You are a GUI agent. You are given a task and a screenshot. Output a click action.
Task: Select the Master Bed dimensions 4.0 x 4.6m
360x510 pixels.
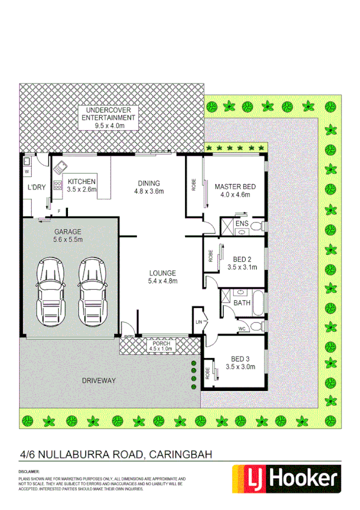[x=235, y=195]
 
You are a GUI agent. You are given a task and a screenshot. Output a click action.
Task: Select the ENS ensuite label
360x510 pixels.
[x=241, y=224]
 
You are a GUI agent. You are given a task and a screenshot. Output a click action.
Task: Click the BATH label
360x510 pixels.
[x=242, y=303]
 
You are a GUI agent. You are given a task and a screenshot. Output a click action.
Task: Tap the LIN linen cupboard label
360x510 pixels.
[x=199, y=322]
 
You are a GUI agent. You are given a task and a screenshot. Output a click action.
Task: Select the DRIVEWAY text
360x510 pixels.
[x=100, y=380]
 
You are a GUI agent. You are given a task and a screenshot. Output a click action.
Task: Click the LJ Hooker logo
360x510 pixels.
[x=285, y=479]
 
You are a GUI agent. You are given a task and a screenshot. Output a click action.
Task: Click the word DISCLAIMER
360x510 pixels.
[x=29, y=472]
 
